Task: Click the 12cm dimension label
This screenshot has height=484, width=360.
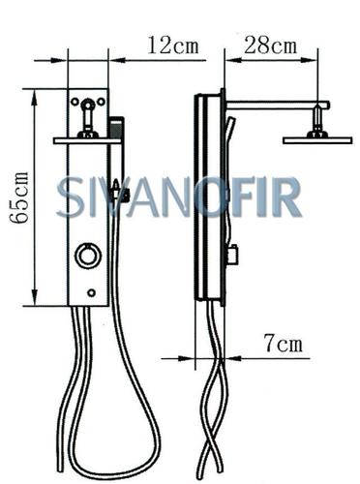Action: [x=173, y=45]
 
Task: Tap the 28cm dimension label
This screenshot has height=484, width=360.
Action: [x=270, y=45]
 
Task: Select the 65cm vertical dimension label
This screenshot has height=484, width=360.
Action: [x=18, y=197]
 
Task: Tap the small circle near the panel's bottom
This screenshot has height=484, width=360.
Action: [x=92, y=293]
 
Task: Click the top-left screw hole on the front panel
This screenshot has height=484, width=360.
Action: [x=75, y=102]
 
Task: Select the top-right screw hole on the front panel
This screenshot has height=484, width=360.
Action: [x=101, y=102]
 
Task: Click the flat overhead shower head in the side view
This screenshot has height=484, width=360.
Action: [x=317, y=140]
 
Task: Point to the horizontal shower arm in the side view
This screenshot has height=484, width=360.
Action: [x=278, y=106]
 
